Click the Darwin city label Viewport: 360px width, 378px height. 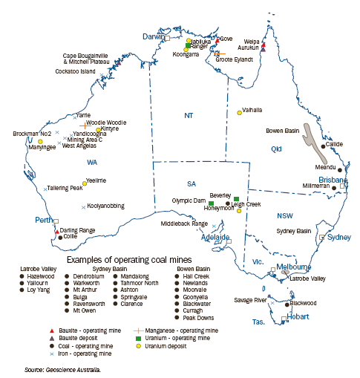click(x=151, y=36)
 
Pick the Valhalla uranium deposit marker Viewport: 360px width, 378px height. click(x=239, y=113)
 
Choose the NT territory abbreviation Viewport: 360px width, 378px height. click(x=188, y=115)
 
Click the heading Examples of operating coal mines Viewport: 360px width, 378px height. click(x=123, y=261)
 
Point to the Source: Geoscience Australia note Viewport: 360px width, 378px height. click(x=63, y=368)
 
